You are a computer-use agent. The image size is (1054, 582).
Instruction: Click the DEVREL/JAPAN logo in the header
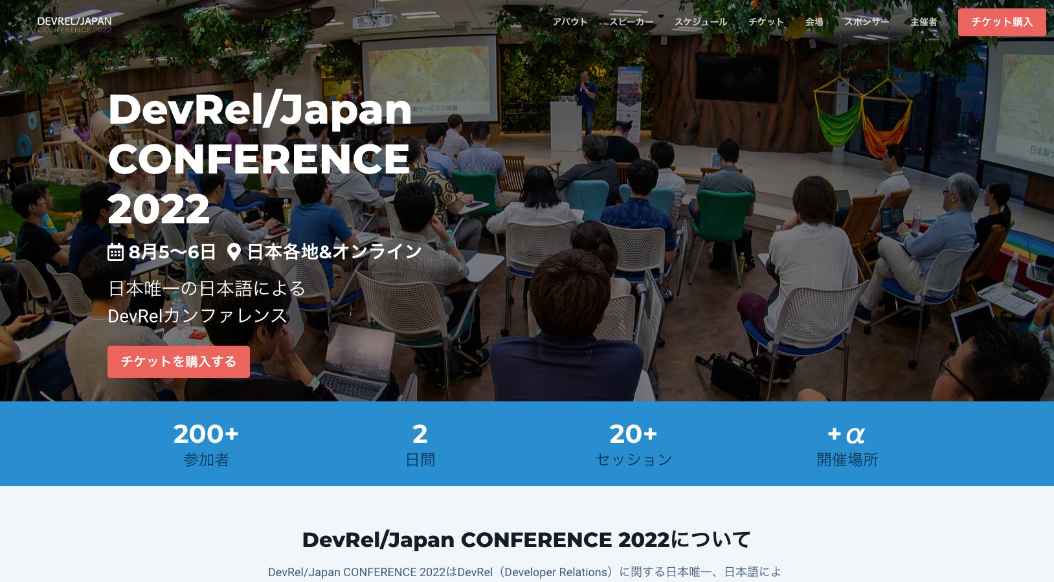(x=74, y=25)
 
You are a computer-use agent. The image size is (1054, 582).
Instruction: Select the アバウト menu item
(x=570, y=22)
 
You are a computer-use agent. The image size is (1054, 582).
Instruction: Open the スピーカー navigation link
(x=631, y=22)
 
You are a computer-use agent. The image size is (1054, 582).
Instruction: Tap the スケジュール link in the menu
(x=701, y=22)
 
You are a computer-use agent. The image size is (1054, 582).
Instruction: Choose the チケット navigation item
(x=766, y=22)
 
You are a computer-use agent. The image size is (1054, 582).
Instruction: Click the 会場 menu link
(x=814, y=22)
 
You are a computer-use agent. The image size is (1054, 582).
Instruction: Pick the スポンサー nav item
(x=866, y=22)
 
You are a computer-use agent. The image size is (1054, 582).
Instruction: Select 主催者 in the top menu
(x=923, y=22)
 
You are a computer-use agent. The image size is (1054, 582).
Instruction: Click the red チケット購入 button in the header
(x=1002, y=22)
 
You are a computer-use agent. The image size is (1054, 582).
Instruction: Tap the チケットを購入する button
(x=179, y=362)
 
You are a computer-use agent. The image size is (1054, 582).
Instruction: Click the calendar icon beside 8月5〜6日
(x=115, y=252)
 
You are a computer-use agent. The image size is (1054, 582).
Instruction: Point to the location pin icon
(x=234, y=252)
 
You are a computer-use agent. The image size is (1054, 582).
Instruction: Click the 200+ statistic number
(x=206, y=434)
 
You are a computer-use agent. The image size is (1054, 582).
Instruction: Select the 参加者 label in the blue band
(x=206, y=460)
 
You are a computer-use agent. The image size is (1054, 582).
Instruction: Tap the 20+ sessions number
(x=633, y=434)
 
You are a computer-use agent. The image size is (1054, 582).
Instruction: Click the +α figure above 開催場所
(x=846, y=434)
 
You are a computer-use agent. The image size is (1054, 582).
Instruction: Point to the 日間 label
(x=420, y=460)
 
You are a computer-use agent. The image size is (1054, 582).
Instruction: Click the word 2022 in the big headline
(x=159, y=209)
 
